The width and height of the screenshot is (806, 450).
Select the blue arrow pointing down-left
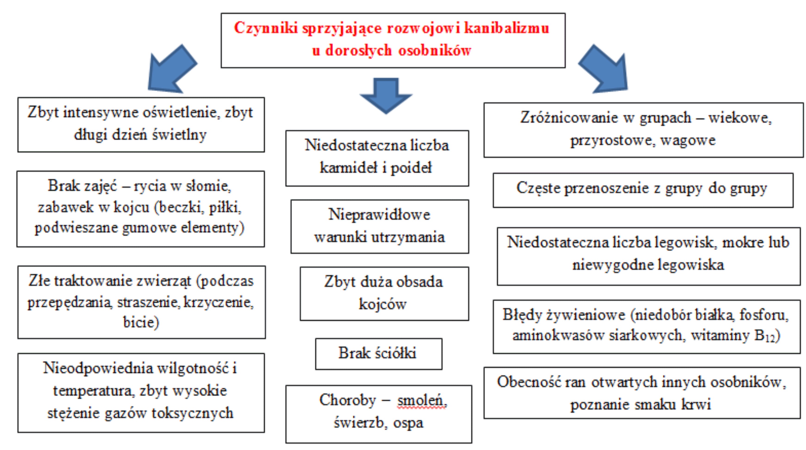pyautogui.click(x=172, y=69)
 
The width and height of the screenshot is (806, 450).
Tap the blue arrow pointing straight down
pyautogui.click(x=386, y=95)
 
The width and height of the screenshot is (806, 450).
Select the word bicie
pyautogui.click(x=141, y=322)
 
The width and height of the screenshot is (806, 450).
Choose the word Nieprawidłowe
pyautogui.click(x=379, y=214)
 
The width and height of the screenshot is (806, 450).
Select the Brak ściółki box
pyautogui.click(x=378, y=354)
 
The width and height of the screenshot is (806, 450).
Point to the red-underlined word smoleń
pyautogui.click(x=422, y=401)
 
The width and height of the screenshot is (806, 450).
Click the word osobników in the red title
pyautogui.click(x=435, y=50)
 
